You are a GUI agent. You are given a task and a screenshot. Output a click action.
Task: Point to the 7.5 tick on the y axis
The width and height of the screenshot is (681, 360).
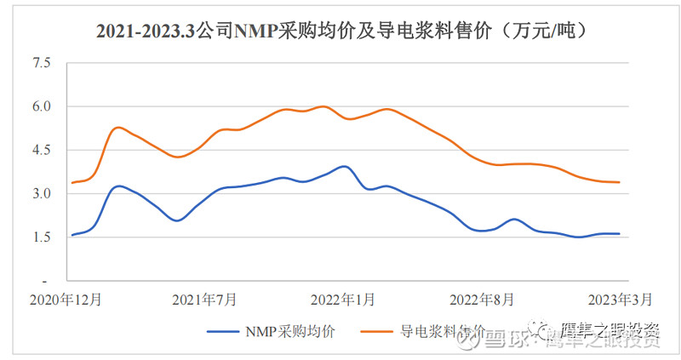[x=41, y=63]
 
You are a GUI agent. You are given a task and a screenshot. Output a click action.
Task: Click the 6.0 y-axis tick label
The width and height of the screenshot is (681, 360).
[x=41, y=106]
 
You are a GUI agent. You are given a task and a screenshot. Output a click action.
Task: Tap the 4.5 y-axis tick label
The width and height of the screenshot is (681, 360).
[x=41, y=150]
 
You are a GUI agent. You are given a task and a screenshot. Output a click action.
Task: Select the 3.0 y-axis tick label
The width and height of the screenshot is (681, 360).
[x=41, y=194]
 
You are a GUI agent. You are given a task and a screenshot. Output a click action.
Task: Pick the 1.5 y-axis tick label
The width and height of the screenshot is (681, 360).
[x=41, y=237]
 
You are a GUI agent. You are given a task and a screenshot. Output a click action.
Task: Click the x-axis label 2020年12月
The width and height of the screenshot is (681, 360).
[x=66, y=300]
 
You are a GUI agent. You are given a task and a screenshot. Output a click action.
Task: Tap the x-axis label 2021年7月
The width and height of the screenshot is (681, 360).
[x=204, y=300]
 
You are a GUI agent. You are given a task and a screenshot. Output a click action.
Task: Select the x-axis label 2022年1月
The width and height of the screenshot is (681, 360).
[x=343, y=300]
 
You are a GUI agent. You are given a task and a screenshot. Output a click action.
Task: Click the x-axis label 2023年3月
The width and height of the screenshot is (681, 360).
[x=621, y=300]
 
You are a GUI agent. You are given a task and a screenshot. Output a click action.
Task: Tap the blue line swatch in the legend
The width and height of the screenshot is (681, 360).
[x=223, y=332]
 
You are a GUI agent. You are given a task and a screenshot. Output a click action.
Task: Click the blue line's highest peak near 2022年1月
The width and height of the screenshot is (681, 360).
[x=343, y=166]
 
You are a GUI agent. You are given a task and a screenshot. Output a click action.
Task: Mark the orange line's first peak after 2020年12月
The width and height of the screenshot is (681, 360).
[x=118, y=128]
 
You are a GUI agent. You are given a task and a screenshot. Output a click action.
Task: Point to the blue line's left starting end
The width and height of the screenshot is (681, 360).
[x=72, y=235]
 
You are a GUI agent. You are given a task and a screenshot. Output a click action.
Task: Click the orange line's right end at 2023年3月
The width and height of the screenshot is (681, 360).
[x=619, y=182]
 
